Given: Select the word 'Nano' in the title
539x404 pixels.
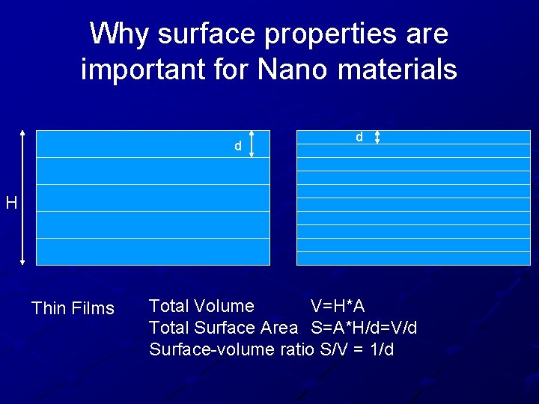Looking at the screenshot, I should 294,70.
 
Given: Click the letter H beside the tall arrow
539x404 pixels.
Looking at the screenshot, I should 10,202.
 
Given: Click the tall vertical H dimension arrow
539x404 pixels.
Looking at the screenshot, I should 22,198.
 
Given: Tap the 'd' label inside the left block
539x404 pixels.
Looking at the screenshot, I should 238,147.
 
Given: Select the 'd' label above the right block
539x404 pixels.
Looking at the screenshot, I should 359,137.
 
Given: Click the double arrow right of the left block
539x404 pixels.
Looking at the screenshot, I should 252,144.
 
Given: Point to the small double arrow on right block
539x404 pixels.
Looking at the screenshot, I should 377,137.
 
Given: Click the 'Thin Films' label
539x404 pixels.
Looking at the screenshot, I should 73,308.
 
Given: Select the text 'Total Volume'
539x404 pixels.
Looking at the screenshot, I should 201,306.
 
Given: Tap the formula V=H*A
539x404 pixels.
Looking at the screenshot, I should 338,306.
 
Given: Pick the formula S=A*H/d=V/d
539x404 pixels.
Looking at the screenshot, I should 365,328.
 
